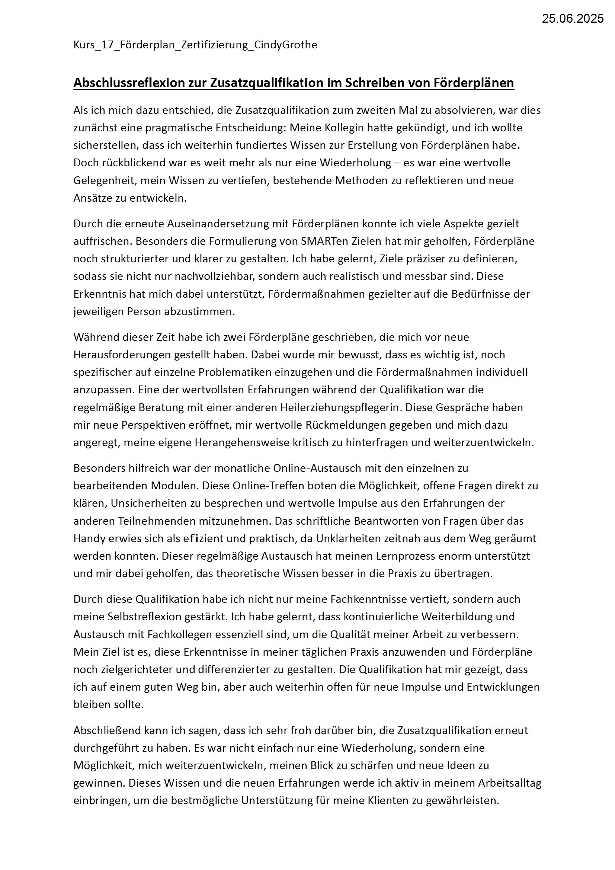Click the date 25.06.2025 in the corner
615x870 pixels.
click(572, 19)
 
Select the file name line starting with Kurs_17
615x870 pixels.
click(195, 45)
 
